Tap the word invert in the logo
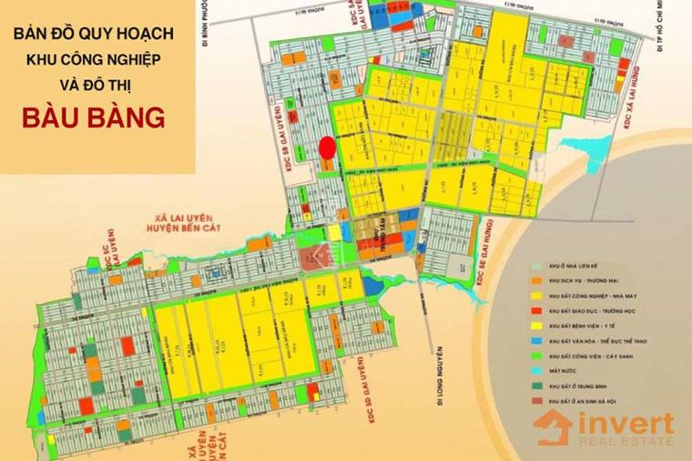point(625,424)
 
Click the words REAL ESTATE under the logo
point(625,444)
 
